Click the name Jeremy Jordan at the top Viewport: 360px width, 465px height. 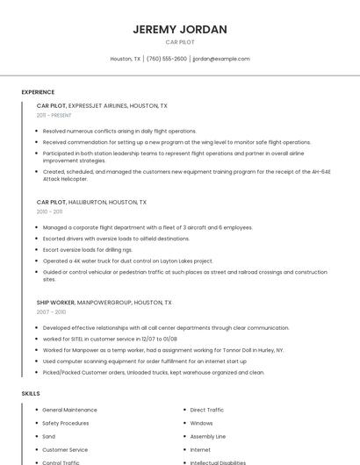point(179,29)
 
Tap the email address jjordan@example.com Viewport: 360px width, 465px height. point(220,59)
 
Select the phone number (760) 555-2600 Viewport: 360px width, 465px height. point(166,59)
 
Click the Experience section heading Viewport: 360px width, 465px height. point(38,92)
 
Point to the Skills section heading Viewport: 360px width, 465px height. point(31,394)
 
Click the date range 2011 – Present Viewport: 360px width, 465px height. point(54,115)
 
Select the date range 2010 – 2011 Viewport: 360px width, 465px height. point(49,211)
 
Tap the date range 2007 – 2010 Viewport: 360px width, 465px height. point(51,311)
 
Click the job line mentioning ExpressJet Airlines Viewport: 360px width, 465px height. point(102,105)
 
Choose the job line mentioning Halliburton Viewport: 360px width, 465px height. point(91,202)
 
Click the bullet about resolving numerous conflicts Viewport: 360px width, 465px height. point(119,131)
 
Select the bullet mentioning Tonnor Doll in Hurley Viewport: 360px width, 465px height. point(163,350)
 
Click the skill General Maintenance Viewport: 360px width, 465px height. point(69,410)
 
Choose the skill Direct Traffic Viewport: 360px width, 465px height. point(206,410)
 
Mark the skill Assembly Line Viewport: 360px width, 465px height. point(207,436)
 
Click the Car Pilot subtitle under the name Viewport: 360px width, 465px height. point(179,42)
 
